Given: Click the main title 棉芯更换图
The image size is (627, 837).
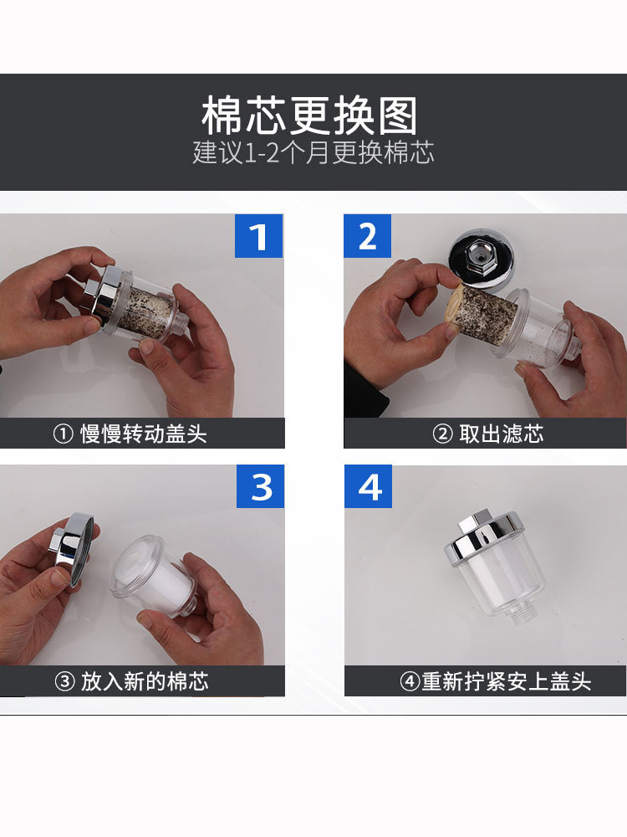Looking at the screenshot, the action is click(309, 116).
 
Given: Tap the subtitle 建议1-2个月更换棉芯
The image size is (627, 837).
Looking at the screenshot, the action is click(313, 152).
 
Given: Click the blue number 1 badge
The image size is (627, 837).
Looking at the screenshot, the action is click(258, 236).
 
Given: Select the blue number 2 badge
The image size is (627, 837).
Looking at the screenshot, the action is click(367, 236).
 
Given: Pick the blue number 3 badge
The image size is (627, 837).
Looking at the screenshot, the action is click(260, 486).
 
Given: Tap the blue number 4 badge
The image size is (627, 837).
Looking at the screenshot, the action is click(369, 486).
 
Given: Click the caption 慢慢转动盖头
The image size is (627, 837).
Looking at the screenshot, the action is click(144, 434).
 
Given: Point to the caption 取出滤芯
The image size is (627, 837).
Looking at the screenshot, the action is click(501, 434).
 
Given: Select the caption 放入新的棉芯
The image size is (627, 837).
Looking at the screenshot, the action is click(145, 681).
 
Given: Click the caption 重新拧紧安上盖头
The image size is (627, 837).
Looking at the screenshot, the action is click(507, 681).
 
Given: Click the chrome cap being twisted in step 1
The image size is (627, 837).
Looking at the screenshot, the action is click(102, 294).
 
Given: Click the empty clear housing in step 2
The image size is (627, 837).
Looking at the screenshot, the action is click(538, 330).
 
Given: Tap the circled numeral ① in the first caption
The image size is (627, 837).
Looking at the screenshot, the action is click(63, 434).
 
